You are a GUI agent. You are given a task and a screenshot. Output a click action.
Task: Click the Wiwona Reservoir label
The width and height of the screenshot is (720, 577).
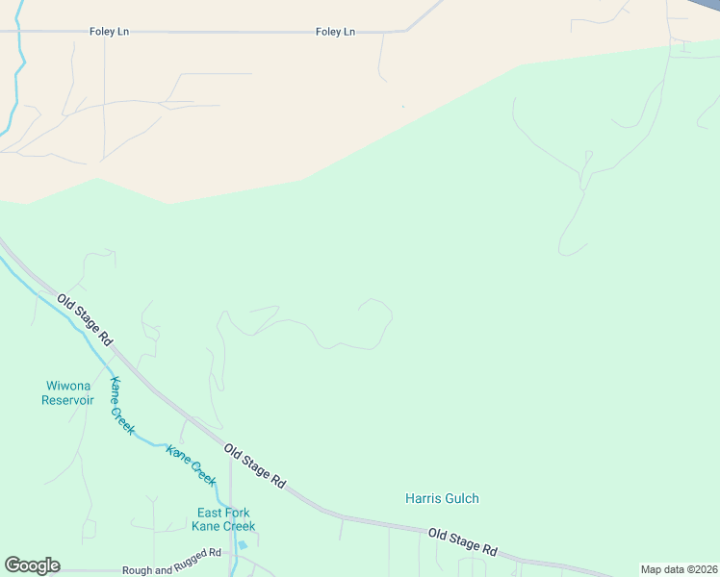67,393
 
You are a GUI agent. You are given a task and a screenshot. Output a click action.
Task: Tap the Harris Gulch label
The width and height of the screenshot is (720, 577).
442,498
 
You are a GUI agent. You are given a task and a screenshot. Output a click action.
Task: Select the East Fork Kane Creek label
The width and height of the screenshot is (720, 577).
224,519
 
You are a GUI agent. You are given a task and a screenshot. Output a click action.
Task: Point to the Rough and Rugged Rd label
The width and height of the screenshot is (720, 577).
171,569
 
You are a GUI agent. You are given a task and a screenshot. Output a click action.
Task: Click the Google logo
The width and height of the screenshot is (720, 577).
32,565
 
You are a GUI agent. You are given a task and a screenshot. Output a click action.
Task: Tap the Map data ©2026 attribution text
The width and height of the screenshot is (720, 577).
678,569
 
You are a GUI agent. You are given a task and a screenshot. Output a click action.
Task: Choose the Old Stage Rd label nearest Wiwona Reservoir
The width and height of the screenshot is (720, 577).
85,320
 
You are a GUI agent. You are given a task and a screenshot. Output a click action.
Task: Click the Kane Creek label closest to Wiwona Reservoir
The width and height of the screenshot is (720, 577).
122,406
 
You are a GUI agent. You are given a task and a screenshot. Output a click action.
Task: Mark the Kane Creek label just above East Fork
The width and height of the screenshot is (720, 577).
191,464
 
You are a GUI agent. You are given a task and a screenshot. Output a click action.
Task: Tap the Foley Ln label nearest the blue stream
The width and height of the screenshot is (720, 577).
109,32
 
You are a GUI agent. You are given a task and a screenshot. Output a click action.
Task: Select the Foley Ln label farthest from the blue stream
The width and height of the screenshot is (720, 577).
335,32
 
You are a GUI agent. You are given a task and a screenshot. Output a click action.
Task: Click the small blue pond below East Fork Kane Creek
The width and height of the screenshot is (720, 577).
241,545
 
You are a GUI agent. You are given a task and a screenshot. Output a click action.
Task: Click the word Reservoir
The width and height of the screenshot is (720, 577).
67,400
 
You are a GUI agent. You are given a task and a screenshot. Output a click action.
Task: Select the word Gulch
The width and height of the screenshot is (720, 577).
461,498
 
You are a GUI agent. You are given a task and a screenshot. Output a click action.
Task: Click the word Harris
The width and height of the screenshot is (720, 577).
423,498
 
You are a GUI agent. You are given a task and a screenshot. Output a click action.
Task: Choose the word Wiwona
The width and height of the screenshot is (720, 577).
67,387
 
